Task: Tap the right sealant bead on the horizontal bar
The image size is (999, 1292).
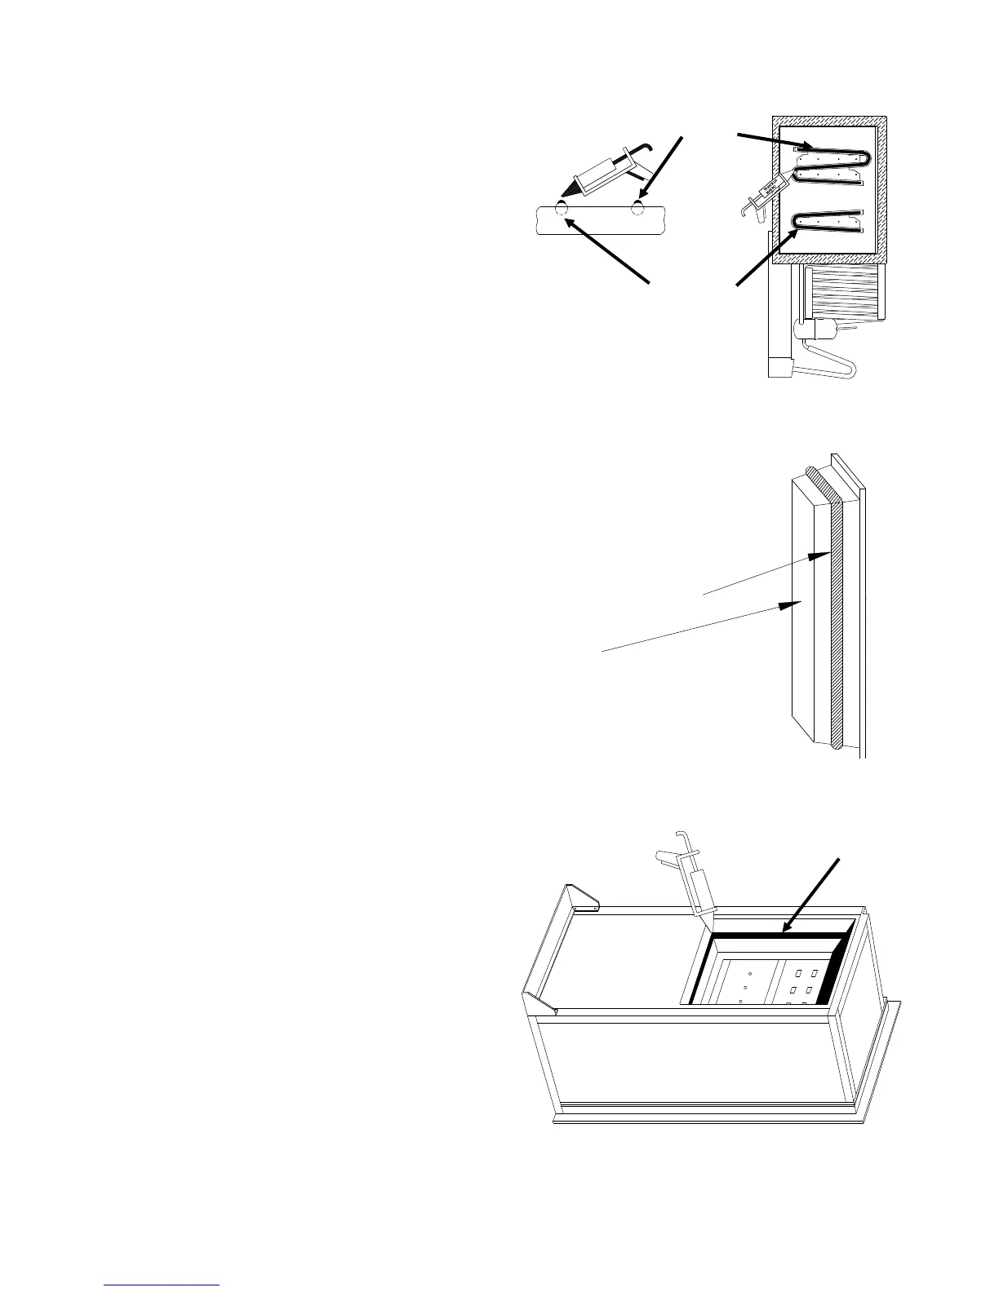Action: (638, 207)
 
